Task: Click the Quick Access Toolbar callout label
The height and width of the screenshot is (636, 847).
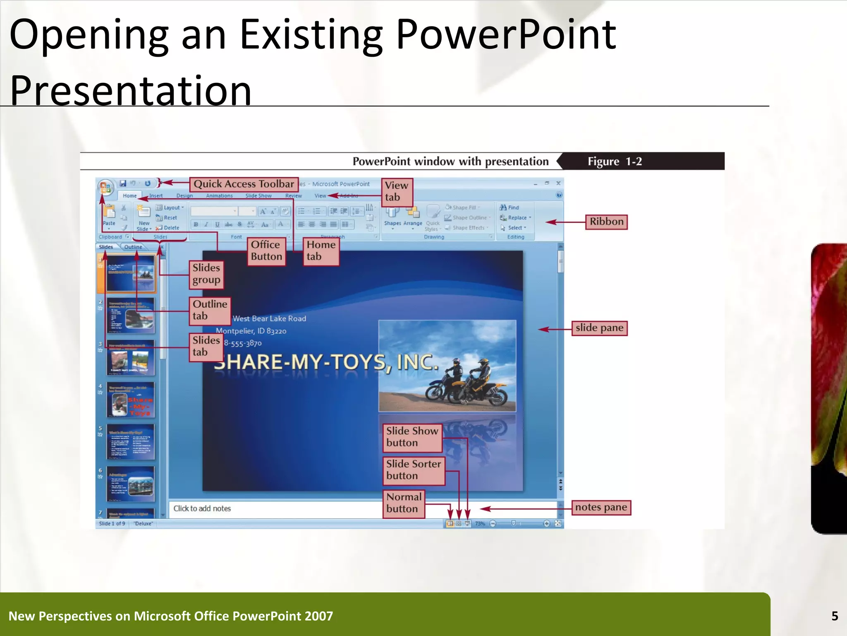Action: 244,184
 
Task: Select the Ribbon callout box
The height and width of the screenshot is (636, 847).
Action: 606,222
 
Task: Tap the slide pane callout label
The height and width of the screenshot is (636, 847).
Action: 599,328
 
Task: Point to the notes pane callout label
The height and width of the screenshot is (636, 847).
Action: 601,507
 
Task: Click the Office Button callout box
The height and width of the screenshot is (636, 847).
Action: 266,251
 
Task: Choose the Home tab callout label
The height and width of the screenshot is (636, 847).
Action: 321,251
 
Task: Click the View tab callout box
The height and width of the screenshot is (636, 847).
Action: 397,191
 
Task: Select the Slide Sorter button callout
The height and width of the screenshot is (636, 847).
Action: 414,470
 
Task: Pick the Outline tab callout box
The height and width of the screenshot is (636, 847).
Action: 210,310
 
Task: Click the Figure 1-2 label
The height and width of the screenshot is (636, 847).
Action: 615,161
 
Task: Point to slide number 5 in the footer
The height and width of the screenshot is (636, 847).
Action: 835,616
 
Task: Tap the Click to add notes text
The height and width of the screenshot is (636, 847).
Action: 202,508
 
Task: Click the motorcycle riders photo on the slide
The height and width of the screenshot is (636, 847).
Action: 447,366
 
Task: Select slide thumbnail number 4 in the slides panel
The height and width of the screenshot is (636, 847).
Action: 130,400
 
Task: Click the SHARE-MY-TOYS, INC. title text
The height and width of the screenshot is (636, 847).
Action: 327,362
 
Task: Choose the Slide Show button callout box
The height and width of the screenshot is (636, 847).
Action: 412,437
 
